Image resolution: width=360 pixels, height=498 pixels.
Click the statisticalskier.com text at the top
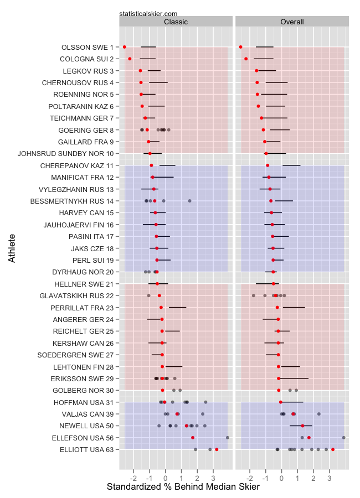(x=148, y=13)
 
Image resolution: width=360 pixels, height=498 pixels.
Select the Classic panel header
(x=176, y=22)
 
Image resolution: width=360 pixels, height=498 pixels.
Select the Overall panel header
(x=292, y=22)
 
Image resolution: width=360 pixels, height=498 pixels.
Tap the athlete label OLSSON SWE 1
(x=87, y=47)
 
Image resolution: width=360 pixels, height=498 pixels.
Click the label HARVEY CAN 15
(x=86, y=212)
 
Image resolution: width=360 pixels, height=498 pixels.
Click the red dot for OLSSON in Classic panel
(x=124, y=47)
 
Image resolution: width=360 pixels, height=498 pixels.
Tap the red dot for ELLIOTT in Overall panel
(x=332, y=449)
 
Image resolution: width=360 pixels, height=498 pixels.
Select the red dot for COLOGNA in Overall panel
(x=246, y=59)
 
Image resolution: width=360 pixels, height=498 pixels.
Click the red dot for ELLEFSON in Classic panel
(x=193, y=438)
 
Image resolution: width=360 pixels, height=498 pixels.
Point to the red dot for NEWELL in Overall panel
(x=302, y=426)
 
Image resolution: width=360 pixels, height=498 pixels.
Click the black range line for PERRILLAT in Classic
(x=177, y=307)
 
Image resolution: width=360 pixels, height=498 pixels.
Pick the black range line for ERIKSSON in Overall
(x=294, y=378)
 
